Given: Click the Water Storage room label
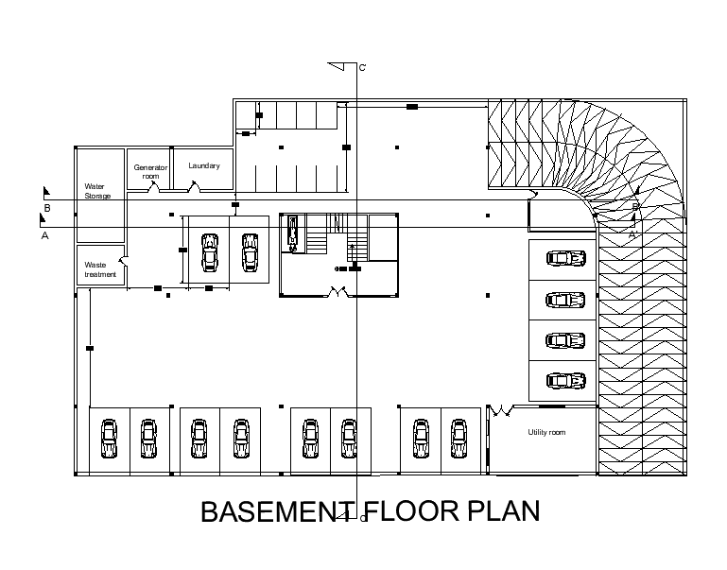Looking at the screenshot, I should [x=97, y=191].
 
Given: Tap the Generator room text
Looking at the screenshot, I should [x=150, y=171].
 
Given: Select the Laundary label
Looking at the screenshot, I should [x=204, y=165].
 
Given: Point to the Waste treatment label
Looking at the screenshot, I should [x=100, y=270].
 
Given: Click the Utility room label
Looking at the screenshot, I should [x=545, y=432].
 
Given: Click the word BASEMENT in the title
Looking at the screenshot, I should [x=268, y=511].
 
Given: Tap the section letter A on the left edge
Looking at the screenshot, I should [x=44, y=236].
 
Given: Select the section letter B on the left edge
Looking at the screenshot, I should [x=46, y=207].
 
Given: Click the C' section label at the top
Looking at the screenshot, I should [x=362, y=68].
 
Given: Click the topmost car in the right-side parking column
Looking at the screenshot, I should [x=565, y=258].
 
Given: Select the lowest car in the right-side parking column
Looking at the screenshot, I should [x=565, y=381].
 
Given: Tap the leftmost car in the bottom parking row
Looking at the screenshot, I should [x=108, y=439].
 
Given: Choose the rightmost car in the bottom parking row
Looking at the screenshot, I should [x=459, y=439].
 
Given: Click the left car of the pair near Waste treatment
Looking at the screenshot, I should [x=209, y=252].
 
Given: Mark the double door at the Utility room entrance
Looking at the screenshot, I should [x=499, y=410].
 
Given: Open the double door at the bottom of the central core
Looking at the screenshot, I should [x=338, y=293].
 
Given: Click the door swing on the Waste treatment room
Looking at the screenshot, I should [x=120, y=257].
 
